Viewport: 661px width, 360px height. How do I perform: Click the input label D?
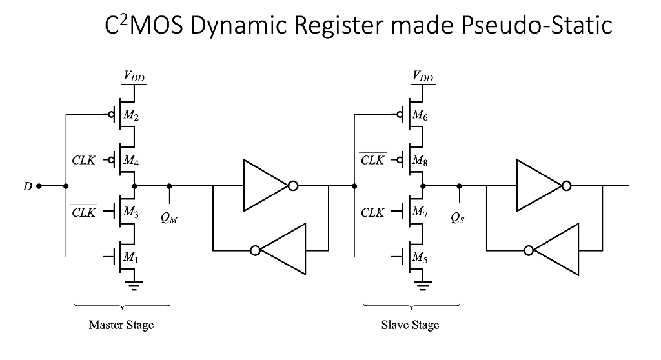coord(27,186)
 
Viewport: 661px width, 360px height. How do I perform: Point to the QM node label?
coord(170,217)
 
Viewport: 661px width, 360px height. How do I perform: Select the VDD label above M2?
coord(134,77)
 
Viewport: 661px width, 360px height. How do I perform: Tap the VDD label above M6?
coord(423,77)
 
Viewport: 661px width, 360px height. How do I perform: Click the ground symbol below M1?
coord(134,285)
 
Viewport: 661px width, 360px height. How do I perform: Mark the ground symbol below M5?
coord(423,285)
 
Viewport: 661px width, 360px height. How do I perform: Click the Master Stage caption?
coord(121,325)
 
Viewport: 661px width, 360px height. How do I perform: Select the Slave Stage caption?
coord(411,325)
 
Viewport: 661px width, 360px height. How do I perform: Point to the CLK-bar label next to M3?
coord(83,212)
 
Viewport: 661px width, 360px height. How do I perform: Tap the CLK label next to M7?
coord(372,212)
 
